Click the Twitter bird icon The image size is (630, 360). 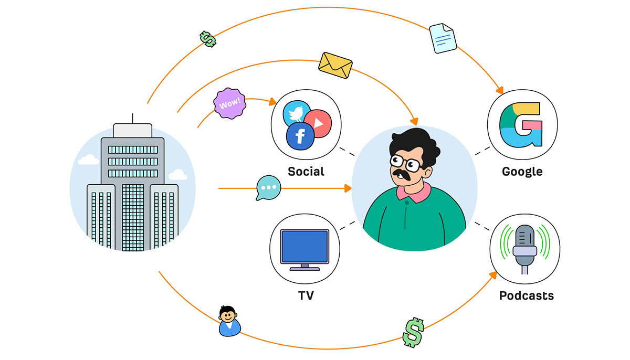coord(296,112)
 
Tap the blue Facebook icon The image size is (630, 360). coord(300,136)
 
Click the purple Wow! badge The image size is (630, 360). coord(230,103)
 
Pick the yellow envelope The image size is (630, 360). coord(335,65)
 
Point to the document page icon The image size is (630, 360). coord(443,38)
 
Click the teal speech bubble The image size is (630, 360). coord(268,188)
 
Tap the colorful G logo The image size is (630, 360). coord(521,125)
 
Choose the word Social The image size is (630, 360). coord(306,172)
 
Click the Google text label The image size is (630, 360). coord(522,172)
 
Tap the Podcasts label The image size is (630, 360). coord(527,295)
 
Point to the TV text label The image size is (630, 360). coord(306,295)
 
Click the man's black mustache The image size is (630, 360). coord(402,174)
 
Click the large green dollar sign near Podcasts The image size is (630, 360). coord(413,333)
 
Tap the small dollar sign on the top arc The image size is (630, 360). coord(208,39)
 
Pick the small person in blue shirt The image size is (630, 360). coord(229,321)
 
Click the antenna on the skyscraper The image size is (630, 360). coord(132,119)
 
